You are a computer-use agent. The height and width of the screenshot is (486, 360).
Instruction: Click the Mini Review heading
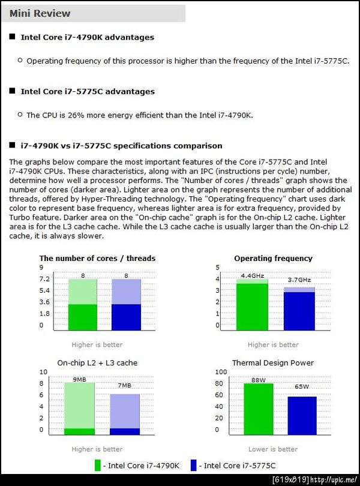pos(40,13)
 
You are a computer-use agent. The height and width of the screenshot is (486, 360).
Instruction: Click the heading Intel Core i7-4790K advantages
pos(87,37)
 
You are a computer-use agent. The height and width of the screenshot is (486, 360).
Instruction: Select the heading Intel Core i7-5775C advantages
pos(88,91)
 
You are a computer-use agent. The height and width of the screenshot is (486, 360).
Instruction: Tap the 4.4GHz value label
pos(253,275)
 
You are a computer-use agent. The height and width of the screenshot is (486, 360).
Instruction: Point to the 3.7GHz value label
pos(299,280)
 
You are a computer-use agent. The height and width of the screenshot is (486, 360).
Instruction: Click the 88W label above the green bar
pos(259,380)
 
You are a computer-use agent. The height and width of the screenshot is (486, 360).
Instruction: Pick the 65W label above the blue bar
pos(302,387)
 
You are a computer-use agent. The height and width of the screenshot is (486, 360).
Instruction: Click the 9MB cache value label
pos(80,379)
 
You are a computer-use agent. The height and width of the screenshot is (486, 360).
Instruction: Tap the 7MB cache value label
pos(124,385)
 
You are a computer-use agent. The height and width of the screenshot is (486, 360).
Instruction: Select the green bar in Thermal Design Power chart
pos(259,409)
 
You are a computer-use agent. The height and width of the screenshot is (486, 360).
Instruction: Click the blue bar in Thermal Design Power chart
pos(302,416)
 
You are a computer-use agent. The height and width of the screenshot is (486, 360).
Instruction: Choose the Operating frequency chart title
pos(273,259)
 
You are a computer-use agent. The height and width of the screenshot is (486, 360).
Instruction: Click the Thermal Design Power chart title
pos(273,363)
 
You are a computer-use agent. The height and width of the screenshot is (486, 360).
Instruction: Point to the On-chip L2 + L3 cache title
pos(97,363)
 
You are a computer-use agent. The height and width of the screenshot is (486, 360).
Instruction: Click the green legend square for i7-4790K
pos(98,465)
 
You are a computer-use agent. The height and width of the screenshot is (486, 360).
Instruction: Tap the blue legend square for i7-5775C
pos(194,465)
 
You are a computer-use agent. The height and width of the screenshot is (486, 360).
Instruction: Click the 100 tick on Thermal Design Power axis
pos(221,373)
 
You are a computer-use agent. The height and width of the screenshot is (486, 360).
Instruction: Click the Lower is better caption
pos(273,449)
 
